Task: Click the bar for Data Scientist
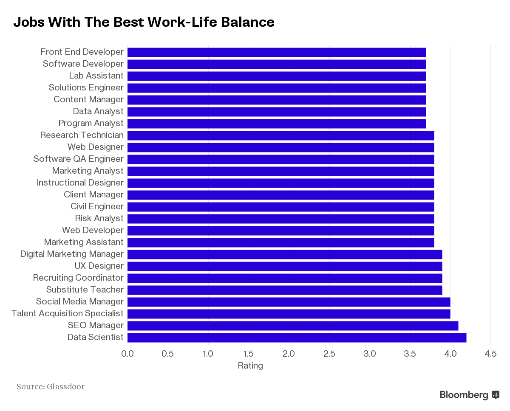point(297,338)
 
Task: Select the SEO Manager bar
point(293,326)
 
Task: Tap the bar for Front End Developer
point(277,52)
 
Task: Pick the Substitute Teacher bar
point(285,290)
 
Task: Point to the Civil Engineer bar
point(280,207)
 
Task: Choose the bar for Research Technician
point(280,135)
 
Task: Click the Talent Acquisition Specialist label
point(67,313)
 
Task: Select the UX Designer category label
point(99,266)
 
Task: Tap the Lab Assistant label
point(96,76)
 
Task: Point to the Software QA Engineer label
point(79,159)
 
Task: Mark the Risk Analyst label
point(99,218)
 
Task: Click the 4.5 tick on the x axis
point(490,354)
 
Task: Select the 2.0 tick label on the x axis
point(289,354)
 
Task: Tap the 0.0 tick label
point(127,354)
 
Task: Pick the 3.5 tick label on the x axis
point(410,354)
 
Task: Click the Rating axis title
point(250,366)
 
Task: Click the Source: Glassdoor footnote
point(51,386)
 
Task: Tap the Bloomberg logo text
point(464,395)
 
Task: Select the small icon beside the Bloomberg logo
point(496,395)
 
